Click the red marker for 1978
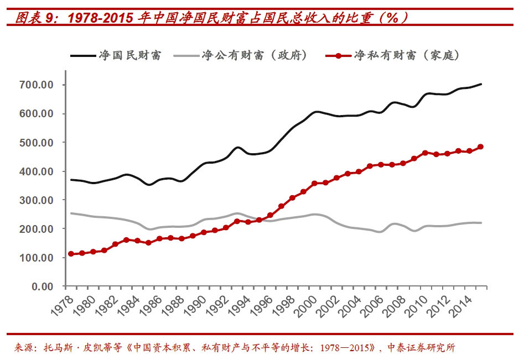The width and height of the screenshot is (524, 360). pos(71,254)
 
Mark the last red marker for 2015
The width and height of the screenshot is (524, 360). pos(481,147)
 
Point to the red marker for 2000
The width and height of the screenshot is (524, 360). pos(314,183)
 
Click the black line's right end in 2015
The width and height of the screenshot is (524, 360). pos(481,84)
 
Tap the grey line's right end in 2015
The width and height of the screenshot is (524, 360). pos(481,223)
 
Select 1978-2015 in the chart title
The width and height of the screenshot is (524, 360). pos(100,17)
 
